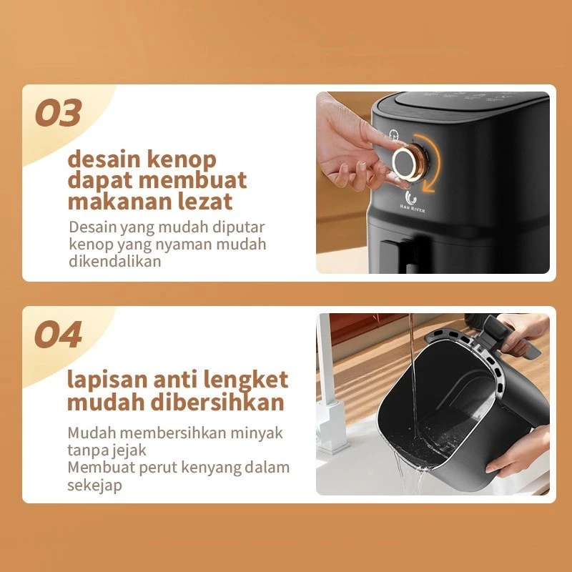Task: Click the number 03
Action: coord(59,113)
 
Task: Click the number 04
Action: coord(59,335)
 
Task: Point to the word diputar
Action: coord(239,227)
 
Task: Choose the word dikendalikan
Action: coord(115,261)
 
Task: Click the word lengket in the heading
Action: coord(245,380)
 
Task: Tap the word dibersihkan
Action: coord(217,402)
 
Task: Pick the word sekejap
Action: coord(94,485)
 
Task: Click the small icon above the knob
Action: coord(393,134)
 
